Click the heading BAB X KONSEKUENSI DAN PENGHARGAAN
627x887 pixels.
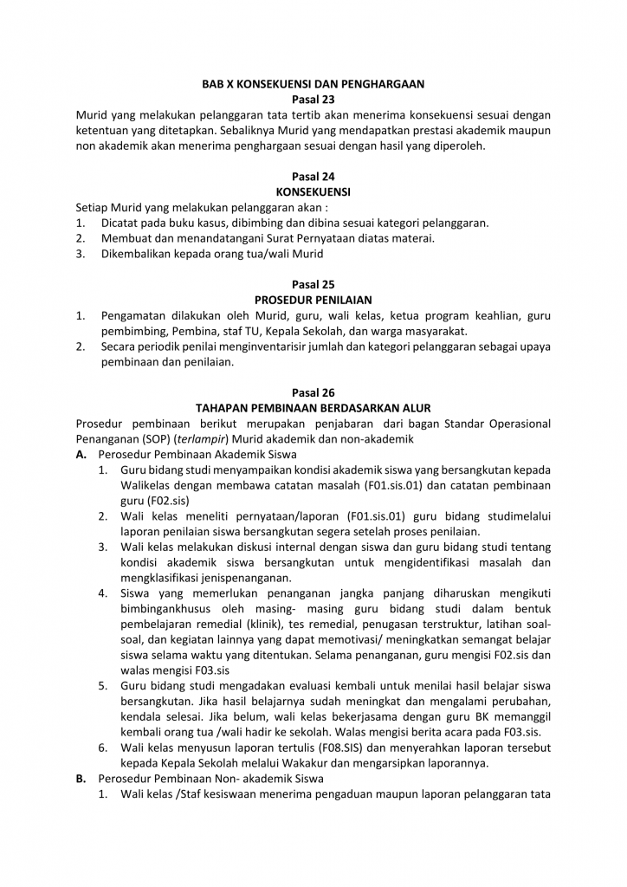(x=313, y=84)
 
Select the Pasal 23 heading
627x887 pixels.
(x=313, y=100)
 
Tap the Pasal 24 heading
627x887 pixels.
(x=313, y=177)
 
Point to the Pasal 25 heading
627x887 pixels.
(x=313, y=284)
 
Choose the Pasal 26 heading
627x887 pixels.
(x=313, y=392)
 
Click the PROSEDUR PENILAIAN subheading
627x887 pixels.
(x=313, y=300)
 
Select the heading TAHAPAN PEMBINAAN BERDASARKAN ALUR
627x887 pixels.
(x=313, y=407)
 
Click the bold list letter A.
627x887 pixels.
(x=81, y=454)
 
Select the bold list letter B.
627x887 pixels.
(x=81, y=779)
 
